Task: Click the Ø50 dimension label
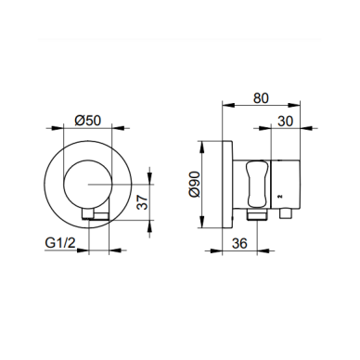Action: (88, 121)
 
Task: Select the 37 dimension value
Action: (143, 202)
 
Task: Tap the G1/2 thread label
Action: (60, 243)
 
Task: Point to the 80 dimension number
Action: (261, 98)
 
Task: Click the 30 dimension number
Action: (285, 122)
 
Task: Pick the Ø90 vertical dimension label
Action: (195, 185)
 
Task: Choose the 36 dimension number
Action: (239, 243)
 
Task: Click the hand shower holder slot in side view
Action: (255, 184)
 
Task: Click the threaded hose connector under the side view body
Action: (257, 214)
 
